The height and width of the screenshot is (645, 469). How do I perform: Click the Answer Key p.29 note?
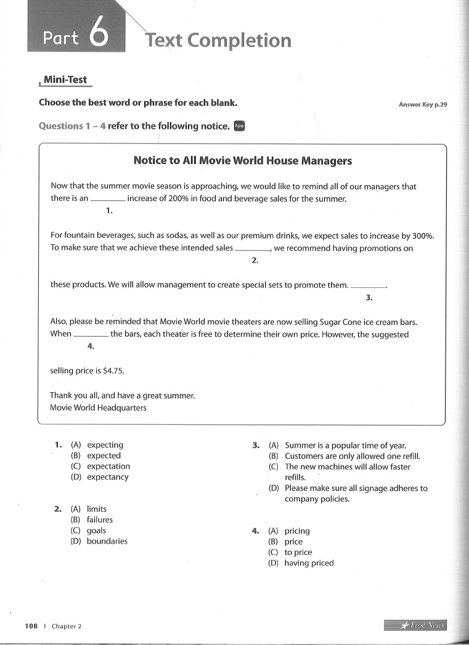point(422,104)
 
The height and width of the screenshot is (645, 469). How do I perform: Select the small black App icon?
point(240,126)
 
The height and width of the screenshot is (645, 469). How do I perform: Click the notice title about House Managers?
point(242,161)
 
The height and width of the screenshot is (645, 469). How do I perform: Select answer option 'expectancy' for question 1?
point(107,477)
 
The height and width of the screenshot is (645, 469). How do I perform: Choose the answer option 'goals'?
point(96,530)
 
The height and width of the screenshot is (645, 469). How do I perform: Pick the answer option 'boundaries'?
point(107,541)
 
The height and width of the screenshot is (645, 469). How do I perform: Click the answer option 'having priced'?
point(309,563)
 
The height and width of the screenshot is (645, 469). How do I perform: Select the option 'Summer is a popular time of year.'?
point(345,445)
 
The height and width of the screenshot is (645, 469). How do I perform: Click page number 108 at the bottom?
point(31,626)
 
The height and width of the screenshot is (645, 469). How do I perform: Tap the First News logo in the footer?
point(415,625)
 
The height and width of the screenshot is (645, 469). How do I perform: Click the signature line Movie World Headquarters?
point(98,408)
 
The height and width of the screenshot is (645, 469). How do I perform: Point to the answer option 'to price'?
point(298,553)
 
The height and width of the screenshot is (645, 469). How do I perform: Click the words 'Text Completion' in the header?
point(218,40)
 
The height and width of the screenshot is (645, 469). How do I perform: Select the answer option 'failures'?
point(99,520)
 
